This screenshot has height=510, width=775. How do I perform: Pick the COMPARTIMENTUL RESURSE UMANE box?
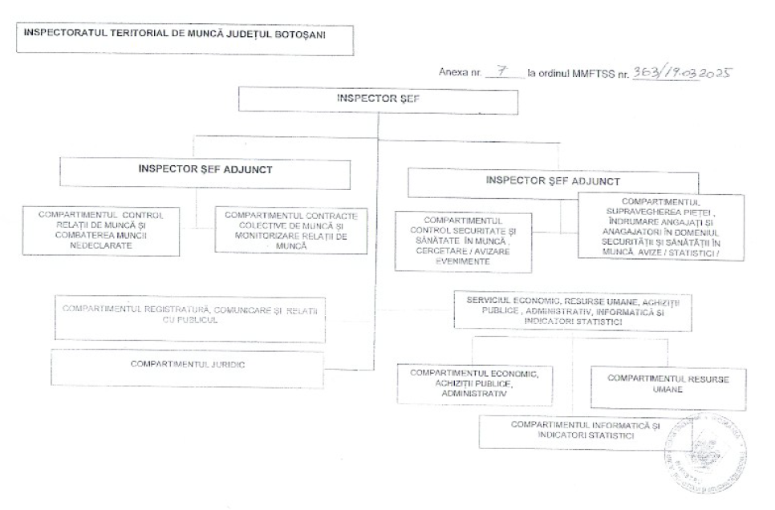pos(668,383)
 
